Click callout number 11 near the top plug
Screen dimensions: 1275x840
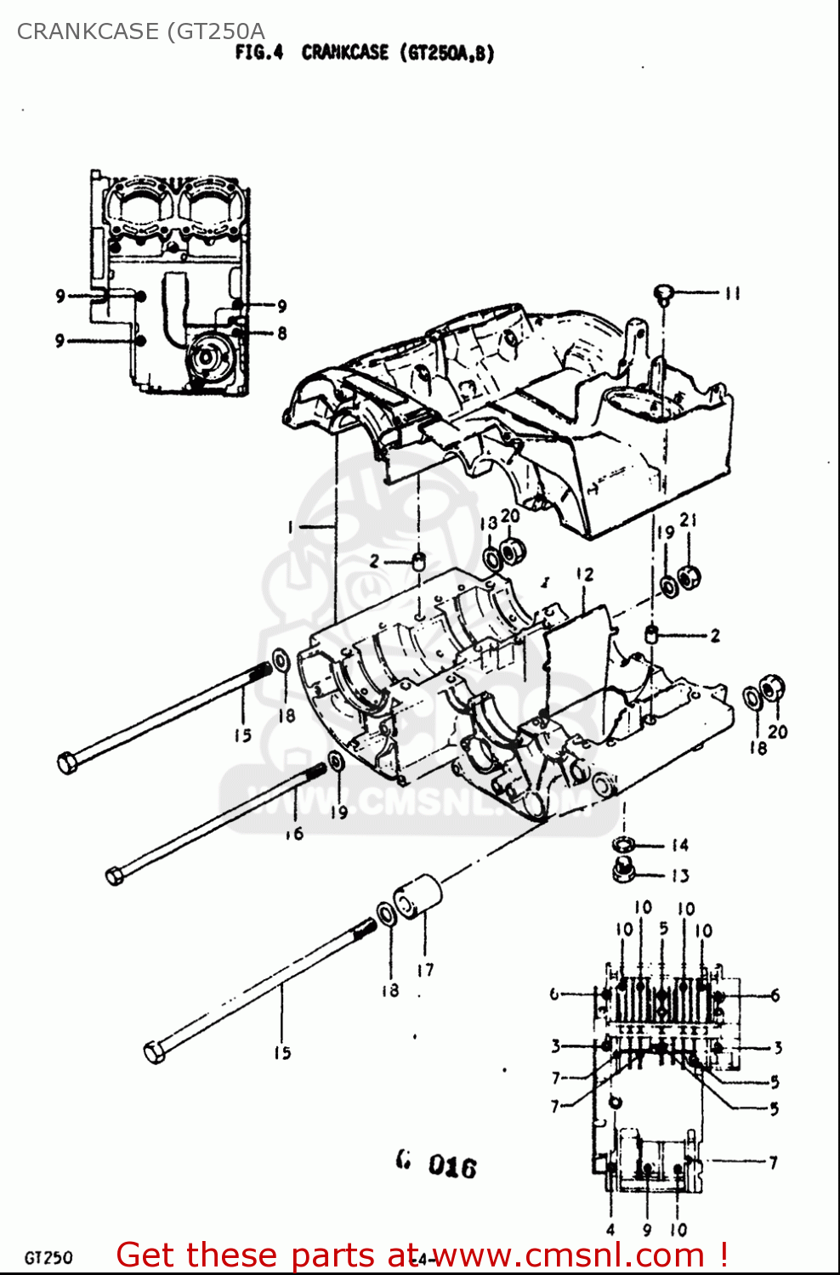(x=733, y=293)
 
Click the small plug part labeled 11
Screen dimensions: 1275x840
(x=664, y=294)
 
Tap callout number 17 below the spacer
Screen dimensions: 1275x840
(x=425, y=969)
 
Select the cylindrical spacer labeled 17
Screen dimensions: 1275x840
(x=417, y=897)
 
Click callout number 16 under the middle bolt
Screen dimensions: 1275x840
(x=295, y=834)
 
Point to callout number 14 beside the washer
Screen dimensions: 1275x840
(x=679, y=845)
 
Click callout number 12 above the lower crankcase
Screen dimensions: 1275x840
(x=585, y=575)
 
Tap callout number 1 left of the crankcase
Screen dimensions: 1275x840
(x=290, y=528)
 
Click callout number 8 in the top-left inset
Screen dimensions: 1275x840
(x=281, y=333)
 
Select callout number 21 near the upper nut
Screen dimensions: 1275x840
(x=688, y=519)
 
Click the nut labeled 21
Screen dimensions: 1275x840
(x=690, y=578)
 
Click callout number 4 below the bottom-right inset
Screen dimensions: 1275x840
(x=610, y=1229)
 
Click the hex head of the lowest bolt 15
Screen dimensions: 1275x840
(x=155, y=1052)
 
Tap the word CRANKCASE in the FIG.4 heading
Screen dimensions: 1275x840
(x=345, y=53)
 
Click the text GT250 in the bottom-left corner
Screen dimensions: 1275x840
(x=48, y=1257)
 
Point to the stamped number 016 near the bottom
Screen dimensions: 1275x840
(x=451, y=1165)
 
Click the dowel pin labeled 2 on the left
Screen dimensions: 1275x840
(x=418, y=561)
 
